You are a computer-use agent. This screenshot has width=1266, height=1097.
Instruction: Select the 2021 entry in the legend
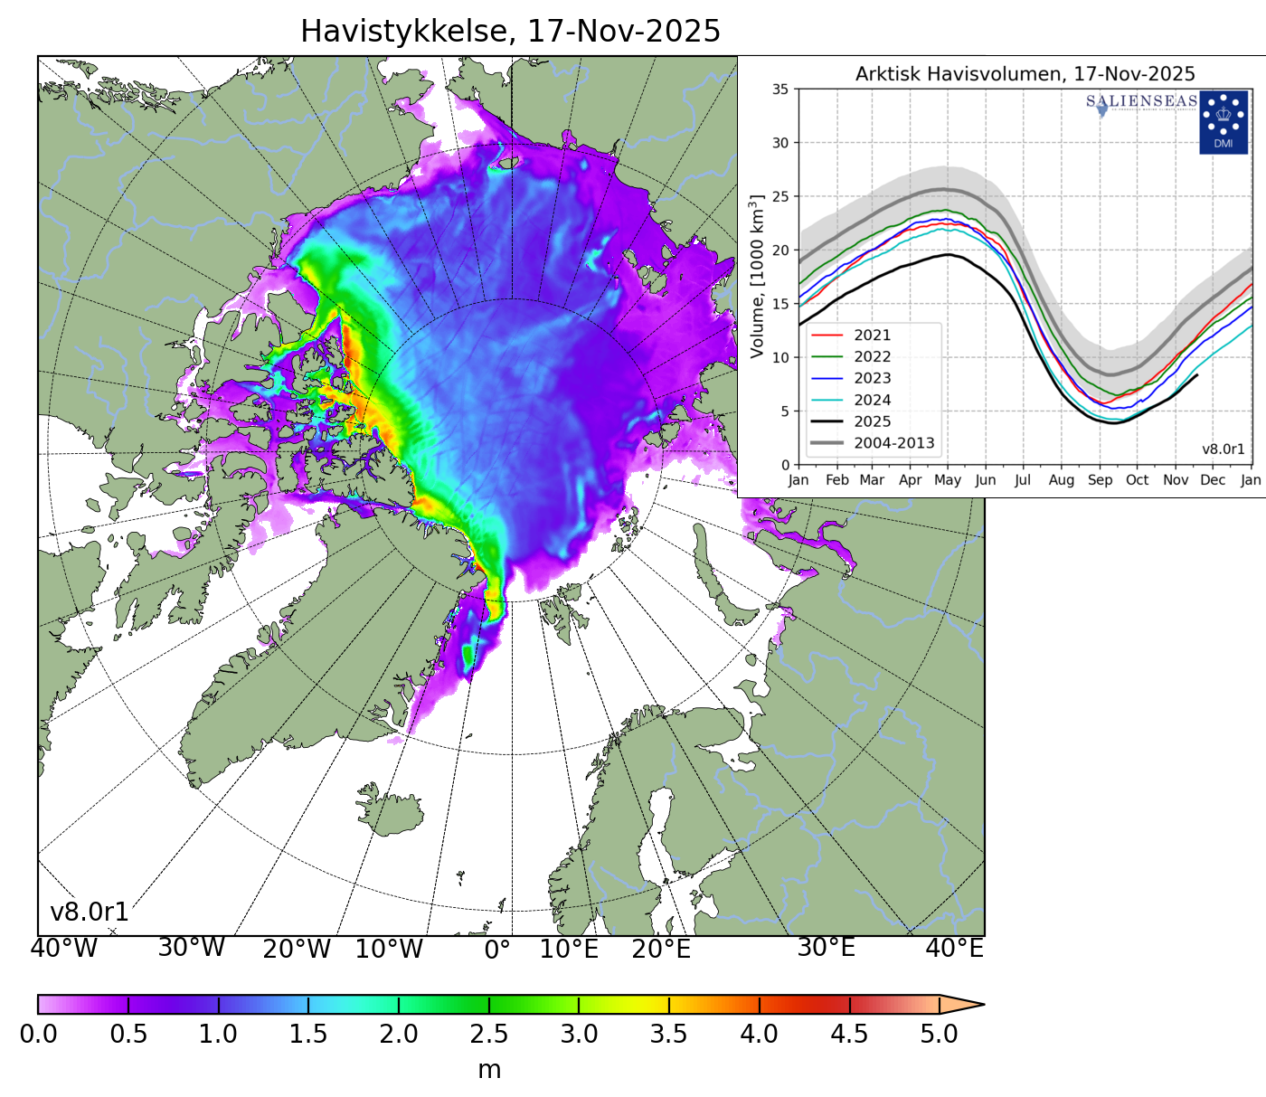pos(872,336)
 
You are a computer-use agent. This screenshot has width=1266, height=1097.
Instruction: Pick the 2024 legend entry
pos(872,400)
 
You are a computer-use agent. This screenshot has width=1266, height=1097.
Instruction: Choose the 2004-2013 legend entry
pos(893,443)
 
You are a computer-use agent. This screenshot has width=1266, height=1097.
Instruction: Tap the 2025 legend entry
pos(872,421)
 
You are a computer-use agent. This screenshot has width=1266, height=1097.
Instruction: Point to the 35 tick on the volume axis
pos(779,90)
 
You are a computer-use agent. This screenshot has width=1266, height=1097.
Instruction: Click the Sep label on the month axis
pos(1100,480)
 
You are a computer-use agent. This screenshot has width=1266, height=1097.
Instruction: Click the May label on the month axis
pos(947,480)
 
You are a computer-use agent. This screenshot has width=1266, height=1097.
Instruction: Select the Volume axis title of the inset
pos(758,276)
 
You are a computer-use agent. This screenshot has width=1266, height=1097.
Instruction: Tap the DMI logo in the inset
pos(1223,122)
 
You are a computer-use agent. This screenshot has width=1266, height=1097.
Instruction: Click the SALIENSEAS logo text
pos(1141,101)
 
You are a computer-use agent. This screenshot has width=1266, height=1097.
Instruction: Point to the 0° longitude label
pos(497,950)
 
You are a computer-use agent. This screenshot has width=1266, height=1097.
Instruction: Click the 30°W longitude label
pos(191,948)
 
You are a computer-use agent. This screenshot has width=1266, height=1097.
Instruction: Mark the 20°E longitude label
pos(661,950)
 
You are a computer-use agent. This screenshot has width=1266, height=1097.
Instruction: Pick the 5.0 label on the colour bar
pos(939,1034)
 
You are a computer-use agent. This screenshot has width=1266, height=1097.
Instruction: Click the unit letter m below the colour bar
pos(489,1070)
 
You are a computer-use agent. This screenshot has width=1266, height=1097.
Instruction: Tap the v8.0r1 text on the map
pos(89,913)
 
